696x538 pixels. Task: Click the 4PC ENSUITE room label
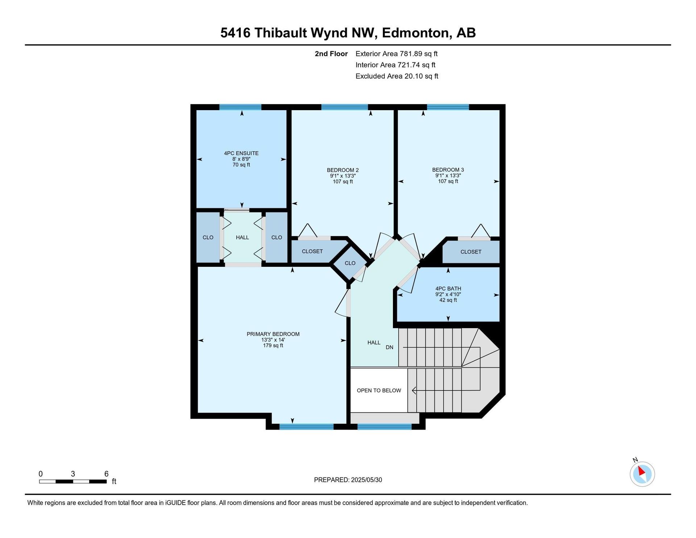(x=241, y=153)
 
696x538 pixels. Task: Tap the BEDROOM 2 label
(x=343, y=170)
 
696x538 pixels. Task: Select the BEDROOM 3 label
(x=448, y=170)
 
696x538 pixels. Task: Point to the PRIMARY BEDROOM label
(x=273, y=334)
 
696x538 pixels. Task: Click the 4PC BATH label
(x=448, y=289)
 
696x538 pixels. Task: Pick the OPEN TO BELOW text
(x=379, y=390)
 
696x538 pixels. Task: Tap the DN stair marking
(x=389, y=347)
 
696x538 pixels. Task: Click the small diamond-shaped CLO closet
(x=350, y=263)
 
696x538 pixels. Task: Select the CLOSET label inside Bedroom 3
(x=471, y=252)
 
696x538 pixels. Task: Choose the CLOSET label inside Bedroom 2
(x=312, y=251)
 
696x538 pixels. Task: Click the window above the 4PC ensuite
(x=240, y=107)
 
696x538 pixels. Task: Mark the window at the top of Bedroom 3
(x=448, y=107)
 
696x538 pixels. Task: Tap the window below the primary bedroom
(x=306, y=427)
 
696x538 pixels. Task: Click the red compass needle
(x=641, y=471)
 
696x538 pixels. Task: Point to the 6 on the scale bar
(x=106, y=473)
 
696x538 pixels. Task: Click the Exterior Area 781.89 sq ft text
(x=397, y=54)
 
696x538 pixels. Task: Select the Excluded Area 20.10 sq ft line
(x=397, y=76)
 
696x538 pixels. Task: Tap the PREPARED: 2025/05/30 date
(x=348, y=480)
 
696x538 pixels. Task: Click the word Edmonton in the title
(x=415, y=33)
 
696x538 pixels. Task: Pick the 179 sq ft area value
(x=273, y=345)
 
